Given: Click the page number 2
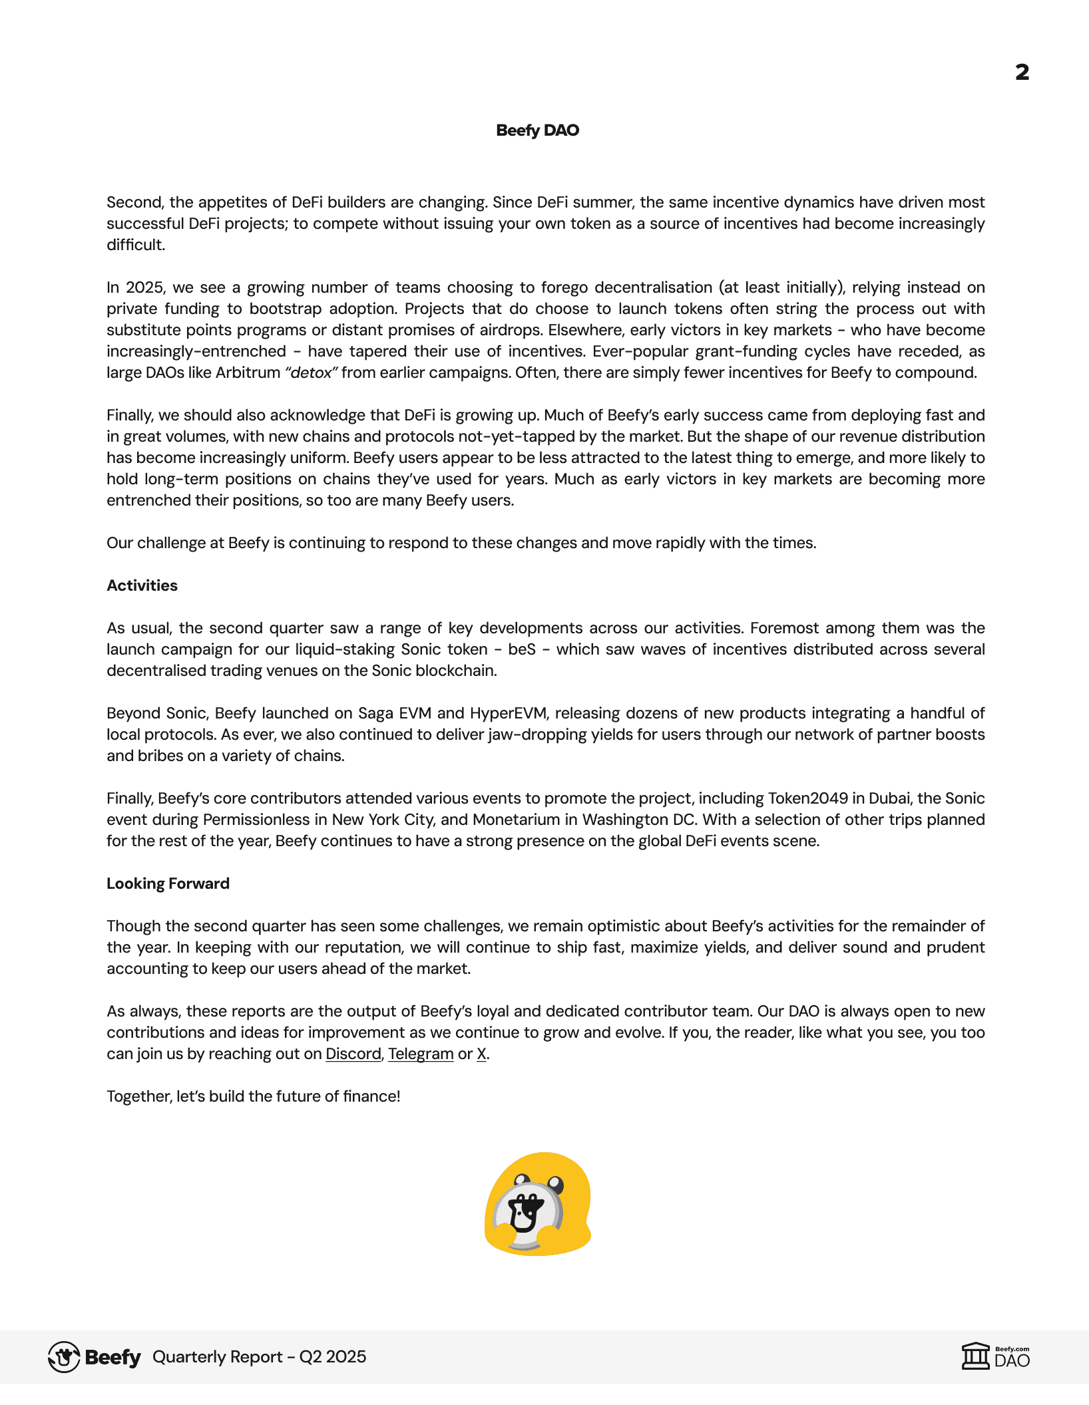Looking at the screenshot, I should click(1022, 72).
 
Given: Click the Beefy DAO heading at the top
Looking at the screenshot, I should click(537, 130).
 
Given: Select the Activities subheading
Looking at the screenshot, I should click(142, 585).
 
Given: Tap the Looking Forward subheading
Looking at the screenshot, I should click(168, 883).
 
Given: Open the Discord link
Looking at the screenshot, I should click(353, 1054).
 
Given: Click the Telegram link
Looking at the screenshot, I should click(421, 1054).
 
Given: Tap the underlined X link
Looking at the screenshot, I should click(481, 1054).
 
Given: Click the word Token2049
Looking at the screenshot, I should click(808, 798).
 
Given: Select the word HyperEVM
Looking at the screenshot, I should click(508, 713).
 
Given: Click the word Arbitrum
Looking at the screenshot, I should click(248, 373).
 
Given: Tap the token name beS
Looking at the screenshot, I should click(521, 649).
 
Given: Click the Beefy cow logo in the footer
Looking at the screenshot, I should click(64, 1357).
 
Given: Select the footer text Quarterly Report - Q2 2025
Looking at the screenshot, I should click(259, 1357).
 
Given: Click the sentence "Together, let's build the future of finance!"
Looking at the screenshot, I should click(253, 1096).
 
